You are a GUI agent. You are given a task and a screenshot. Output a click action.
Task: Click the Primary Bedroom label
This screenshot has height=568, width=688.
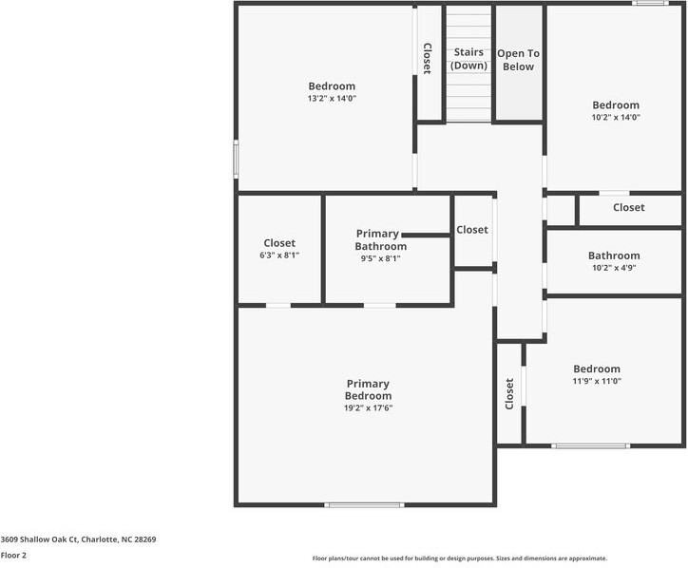point(368,389)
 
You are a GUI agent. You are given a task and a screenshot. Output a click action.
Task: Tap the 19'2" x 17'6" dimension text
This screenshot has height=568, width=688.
point(368,407)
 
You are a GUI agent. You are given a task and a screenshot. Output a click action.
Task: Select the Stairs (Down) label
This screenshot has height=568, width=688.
point(468,59)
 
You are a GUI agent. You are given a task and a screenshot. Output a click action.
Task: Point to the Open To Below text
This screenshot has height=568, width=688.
point(518,60)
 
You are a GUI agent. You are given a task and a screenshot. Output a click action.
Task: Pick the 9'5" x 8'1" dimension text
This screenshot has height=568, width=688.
point(381,258)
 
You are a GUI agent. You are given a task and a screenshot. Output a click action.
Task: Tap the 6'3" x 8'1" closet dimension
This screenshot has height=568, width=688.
point(279,256)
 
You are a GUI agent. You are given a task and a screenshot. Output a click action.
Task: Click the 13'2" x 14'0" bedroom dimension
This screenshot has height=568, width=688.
point(332,99)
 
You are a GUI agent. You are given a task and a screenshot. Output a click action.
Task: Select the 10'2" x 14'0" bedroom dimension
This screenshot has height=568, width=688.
point(616,118)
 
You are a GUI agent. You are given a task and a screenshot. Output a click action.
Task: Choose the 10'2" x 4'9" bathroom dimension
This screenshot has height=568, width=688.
point(613,268)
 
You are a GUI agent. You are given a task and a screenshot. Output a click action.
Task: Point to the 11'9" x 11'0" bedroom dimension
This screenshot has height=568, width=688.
point(596,381)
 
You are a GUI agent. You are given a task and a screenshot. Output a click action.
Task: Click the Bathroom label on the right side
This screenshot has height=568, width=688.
point(613,256)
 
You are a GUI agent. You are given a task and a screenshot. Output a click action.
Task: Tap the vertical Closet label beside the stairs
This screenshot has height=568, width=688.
point(428,59)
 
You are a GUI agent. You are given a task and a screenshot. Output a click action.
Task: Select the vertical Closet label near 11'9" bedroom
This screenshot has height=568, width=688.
point(509,393)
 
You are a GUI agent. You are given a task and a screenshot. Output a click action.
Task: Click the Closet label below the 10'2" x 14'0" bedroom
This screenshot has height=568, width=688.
point(628,207)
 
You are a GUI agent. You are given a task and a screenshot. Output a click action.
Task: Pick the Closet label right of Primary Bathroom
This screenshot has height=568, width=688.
point(472,230)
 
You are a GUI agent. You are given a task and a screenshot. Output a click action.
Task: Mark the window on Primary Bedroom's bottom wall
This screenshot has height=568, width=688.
point(365,504)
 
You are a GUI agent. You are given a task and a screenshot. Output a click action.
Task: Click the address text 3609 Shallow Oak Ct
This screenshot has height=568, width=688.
point(78,539)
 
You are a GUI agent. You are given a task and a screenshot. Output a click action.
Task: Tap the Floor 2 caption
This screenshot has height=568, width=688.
point(13,555)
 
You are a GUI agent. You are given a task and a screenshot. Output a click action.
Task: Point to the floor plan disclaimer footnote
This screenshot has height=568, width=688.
point(459,559)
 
